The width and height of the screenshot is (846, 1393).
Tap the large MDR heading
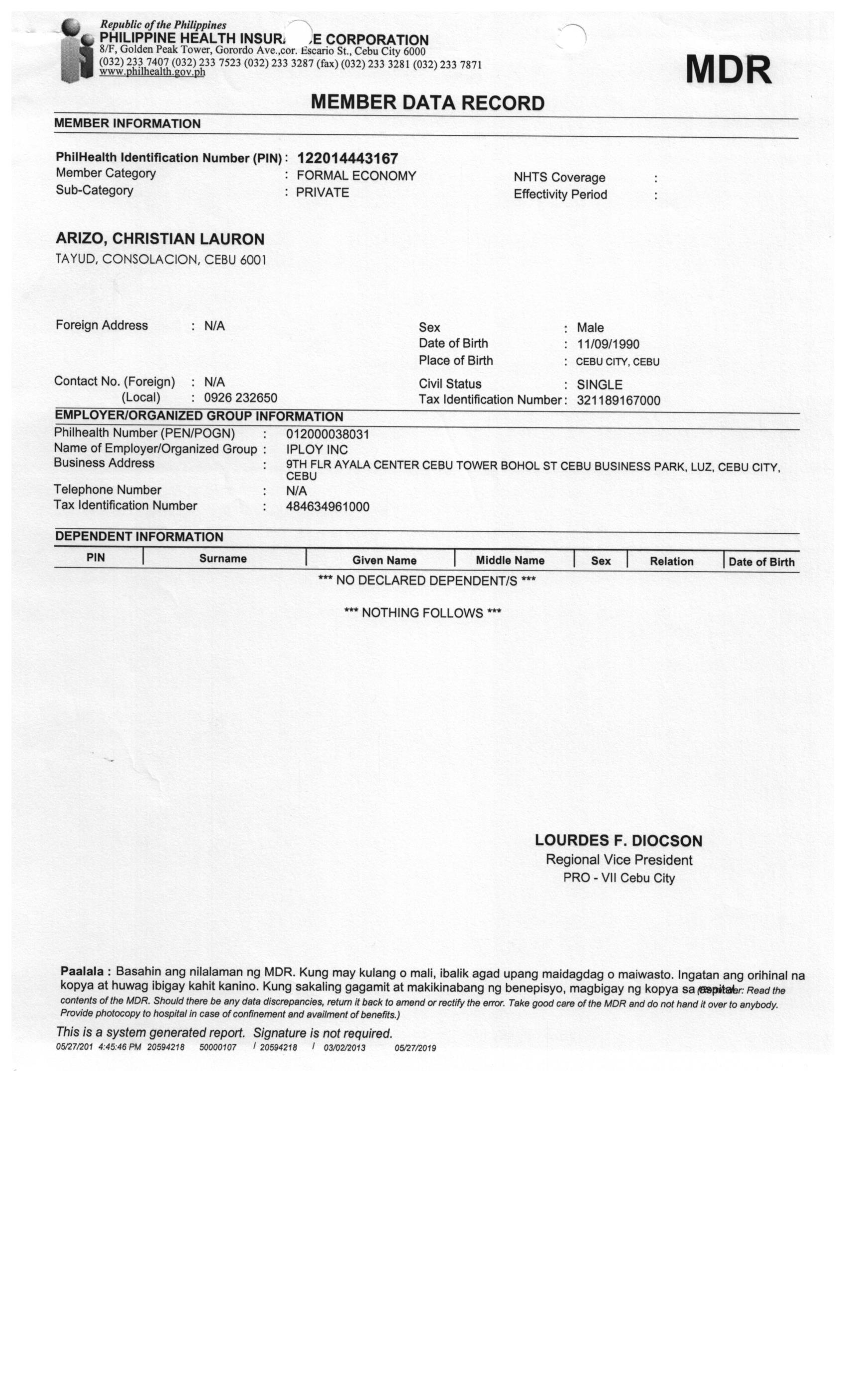coord(729,70)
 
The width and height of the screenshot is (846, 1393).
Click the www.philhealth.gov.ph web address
coord(152,72)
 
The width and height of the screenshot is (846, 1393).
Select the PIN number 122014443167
coord(347,158)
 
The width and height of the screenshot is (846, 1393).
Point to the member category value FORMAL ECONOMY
coord(356,176)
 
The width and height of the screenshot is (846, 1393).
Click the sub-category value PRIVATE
coord(322,192)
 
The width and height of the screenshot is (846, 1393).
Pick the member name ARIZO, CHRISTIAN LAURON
coord(160,239)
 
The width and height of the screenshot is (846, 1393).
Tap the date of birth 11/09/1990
coord(608,344)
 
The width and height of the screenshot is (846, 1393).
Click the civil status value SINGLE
coord(600,385)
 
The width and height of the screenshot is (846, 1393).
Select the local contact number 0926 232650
coord(240,398)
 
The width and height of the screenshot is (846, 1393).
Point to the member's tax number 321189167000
coord(618,400)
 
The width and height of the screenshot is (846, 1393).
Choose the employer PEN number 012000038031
coord(327,434)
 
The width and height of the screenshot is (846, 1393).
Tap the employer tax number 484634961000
coord(327,506)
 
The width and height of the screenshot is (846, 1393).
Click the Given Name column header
coord(384,560)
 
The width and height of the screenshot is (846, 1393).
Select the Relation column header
coord(671,561)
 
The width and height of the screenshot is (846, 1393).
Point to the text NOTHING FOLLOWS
coord(423,613)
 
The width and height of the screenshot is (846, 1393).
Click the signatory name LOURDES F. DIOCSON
coord(619,841)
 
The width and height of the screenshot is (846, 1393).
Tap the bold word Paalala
coord(82,971)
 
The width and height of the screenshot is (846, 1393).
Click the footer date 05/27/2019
coord(415,1048)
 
